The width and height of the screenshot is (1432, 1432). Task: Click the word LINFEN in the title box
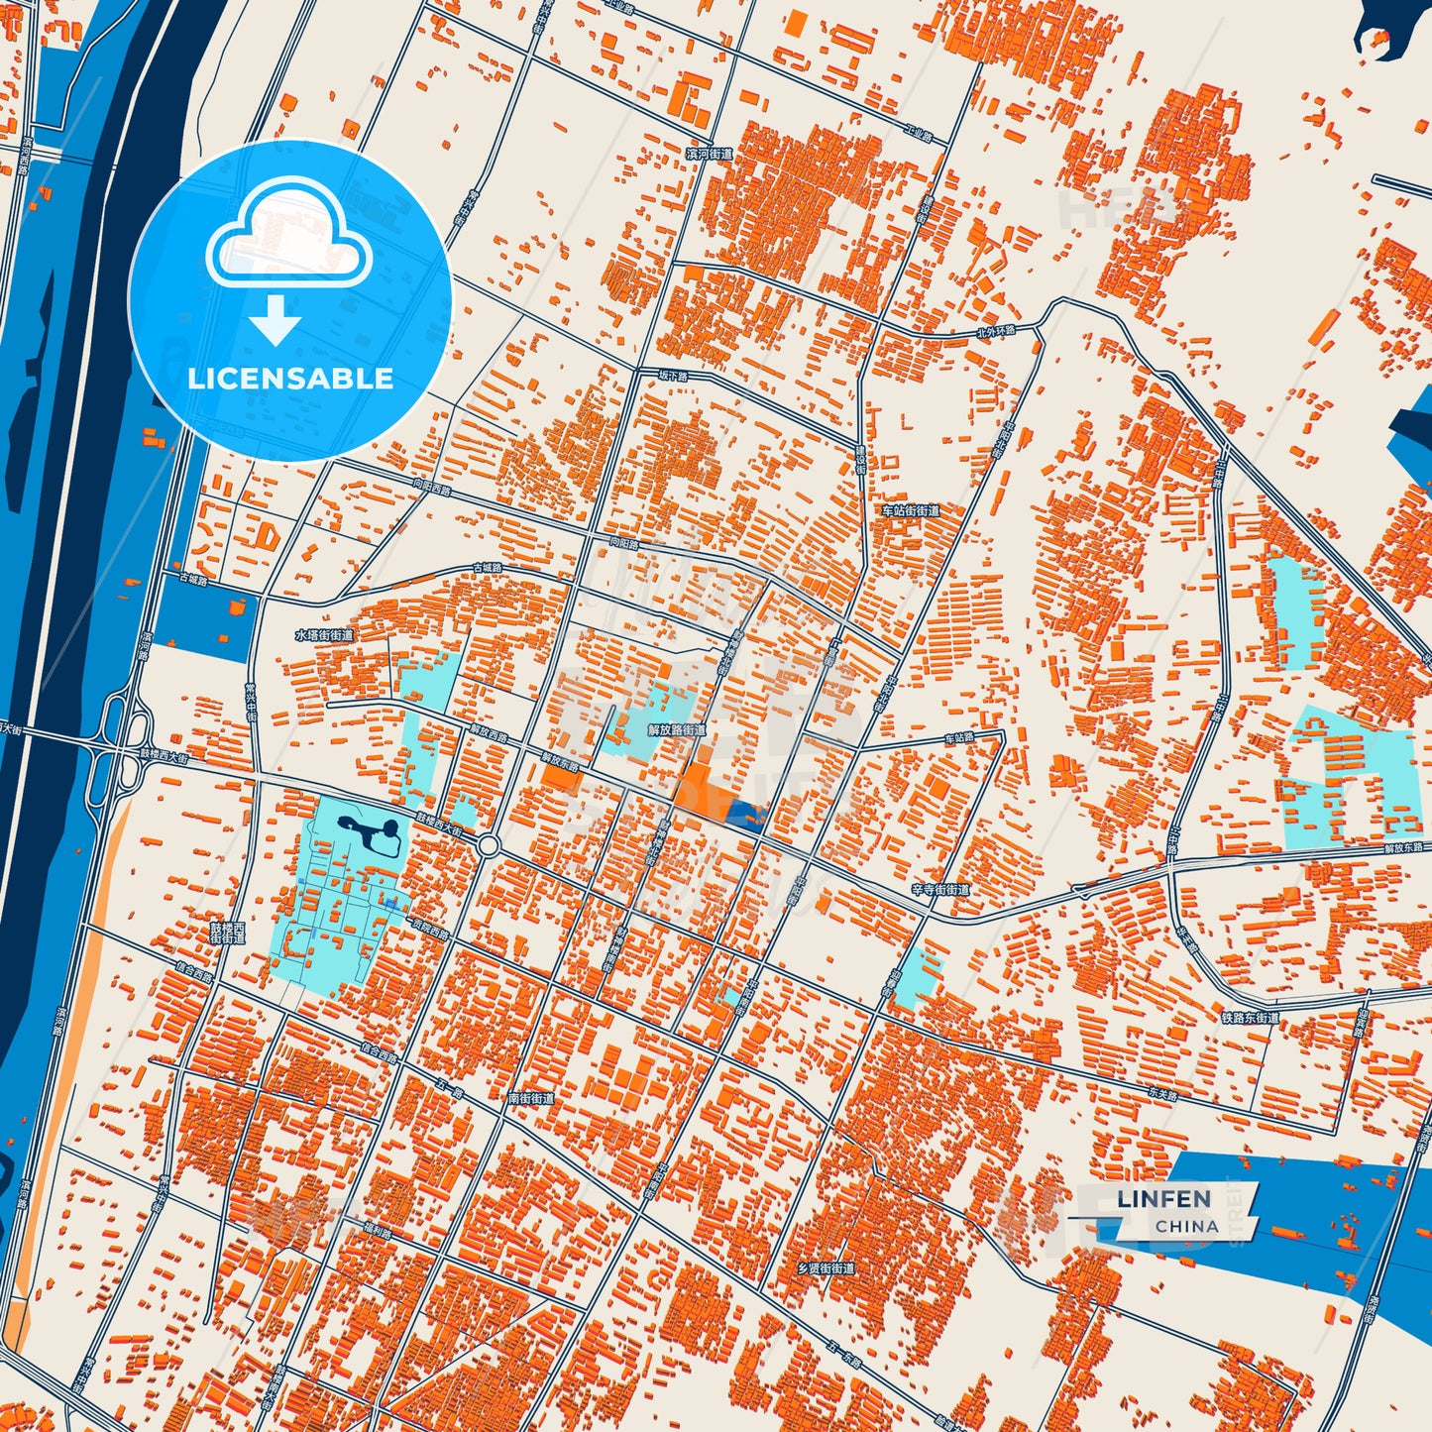[1163, 1198]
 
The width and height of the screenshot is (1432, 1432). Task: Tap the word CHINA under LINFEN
[1186, 1226]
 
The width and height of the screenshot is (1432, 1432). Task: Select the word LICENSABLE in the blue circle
[290, 379]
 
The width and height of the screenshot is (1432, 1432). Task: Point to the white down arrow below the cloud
[275, 319]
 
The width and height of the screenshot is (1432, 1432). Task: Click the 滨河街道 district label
[710, 154]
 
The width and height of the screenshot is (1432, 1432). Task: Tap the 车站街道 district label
[910, 510]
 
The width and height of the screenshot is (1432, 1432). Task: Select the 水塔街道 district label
[323, 635]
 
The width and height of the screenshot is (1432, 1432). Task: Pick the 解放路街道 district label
[677, 729]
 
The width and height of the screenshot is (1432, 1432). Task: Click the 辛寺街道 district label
[940, 890]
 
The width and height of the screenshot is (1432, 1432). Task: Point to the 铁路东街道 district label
[1250, 1017]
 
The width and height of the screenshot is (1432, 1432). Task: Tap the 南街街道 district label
[530, 1098]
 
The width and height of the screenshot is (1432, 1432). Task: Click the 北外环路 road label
[996, 330]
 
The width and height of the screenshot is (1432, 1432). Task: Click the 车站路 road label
[958, 738]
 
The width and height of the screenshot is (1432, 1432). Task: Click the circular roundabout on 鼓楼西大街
[488, 845]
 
